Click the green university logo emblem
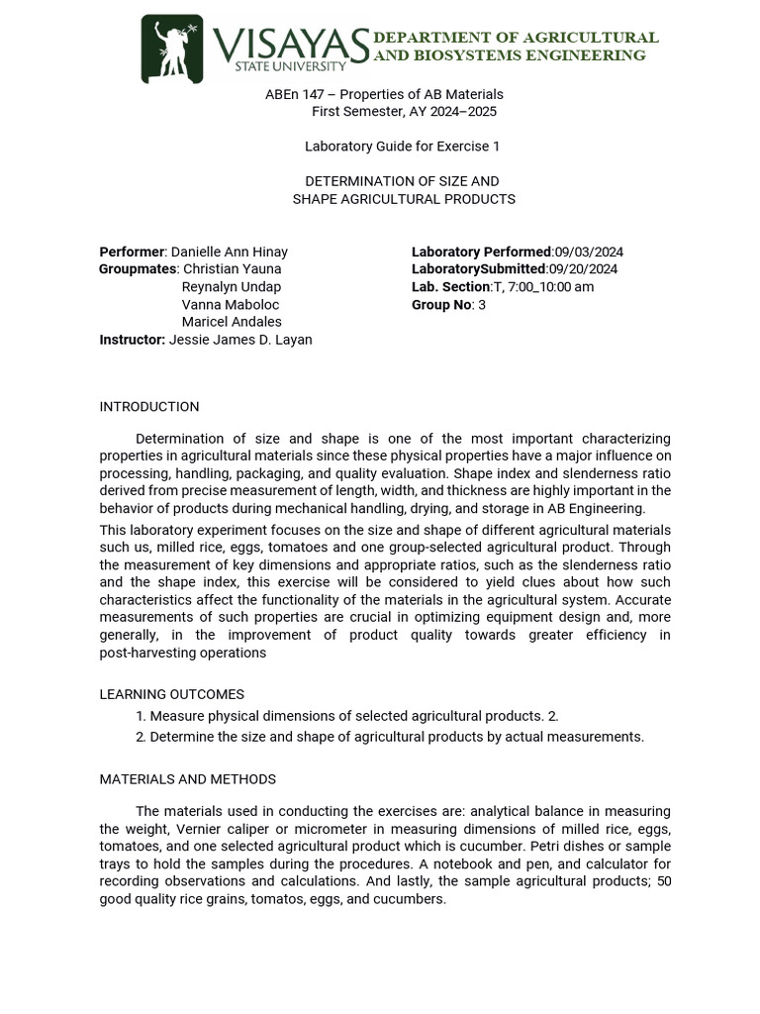(x=172, y=49)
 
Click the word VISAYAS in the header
(x=291, y=44)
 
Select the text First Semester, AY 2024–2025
(x=404, y=112)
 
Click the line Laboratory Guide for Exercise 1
(x=402, y=147)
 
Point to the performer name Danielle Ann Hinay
(x=230, y=253)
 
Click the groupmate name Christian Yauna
(x=233, y=269)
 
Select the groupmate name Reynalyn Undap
(x=232, y=287)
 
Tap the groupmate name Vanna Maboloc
(x=231, y=305)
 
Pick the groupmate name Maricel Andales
(x=232, y=322)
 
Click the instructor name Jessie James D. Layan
(x=240, y=340)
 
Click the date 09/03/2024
(x=589, y=253)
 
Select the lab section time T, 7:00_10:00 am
(x=543, y=287)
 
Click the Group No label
(x=440, y=305)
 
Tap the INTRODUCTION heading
(x=149, y=407)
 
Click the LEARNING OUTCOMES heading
(x=172, y=695)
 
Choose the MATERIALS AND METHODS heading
(x=188, y=780)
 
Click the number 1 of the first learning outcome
(x=141, y=716)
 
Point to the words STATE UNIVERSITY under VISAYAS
(x=290, y=67)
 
